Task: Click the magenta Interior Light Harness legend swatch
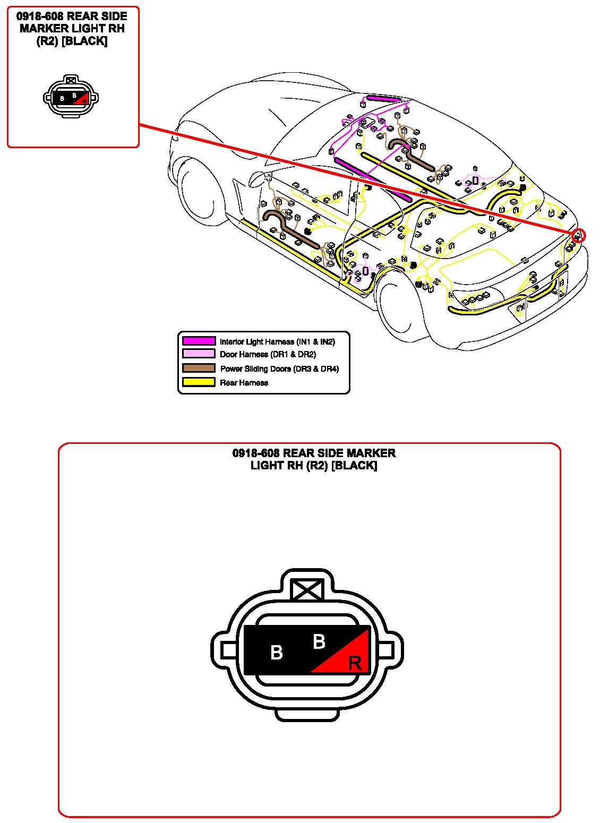pyautogui.click(x=199, y=341)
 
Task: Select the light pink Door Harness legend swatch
pyautogui.click(x=199, y=354)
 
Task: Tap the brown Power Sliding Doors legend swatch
pyautogui.click(x=199, y=368)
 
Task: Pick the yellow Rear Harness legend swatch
pyautogui.click(x=199, y=382)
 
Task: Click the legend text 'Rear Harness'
pyautogui.click(x=244, y=382)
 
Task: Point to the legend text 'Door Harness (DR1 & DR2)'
pyautogui.click(x=268, y=354)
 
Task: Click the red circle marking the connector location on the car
pyautogui.click(x=578, y=235)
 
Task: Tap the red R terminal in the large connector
pyautogui.click(x=354, y=663)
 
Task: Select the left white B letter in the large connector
pyautogui.click(x=276, y=652)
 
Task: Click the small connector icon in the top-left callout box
pyautogui.click(x=71, y=97)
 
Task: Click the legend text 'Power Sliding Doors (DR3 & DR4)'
pyautogui.click(x=279, y=368)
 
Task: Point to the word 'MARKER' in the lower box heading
pyautogui.click(x=371, y=453)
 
